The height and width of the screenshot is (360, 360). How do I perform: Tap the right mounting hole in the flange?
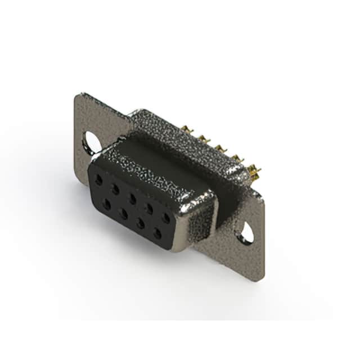point(245,232)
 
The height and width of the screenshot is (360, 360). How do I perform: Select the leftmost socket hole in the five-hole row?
point(99,181)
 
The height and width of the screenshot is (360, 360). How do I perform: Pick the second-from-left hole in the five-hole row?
point(115,190)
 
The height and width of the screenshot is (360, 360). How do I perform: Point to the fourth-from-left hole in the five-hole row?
point(149,208)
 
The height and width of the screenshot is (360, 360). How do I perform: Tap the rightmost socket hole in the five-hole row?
point(166,217)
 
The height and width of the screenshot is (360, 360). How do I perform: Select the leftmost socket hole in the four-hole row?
point(106,204)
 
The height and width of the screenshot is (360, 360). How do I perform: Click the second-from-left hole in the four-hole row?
point(123,213)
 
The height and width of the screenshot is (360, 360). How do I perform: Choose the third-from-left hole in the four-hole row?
point(140,223)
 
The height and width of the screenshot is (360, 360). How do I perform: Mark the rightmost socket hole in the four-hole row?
point(157,232)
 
